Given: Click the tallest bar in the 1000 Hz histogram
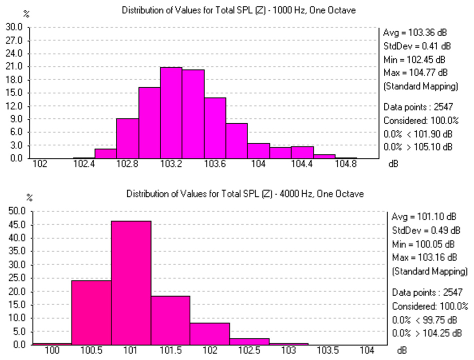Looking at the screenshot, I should click(171, 113).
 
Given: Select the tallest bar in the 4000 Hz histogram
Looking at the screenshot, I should click(131, 282).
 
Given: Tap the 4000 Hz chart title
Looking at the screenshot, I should click(245, 193).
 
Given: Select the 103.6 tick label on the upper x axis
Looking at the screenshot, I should click(214, 163).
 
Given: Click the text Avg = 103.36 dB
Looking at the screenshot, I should click(414, 33).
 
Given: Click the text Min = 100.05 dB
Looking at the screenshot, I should click(423, 245).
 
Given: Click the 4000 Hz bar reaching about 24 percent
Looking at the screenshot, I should click(91, 312).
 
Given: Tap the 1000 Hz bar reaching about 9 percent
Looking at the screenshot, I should click(127, 138).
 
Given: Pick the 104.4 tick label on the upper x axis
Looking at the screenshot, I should click(302, 163).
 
